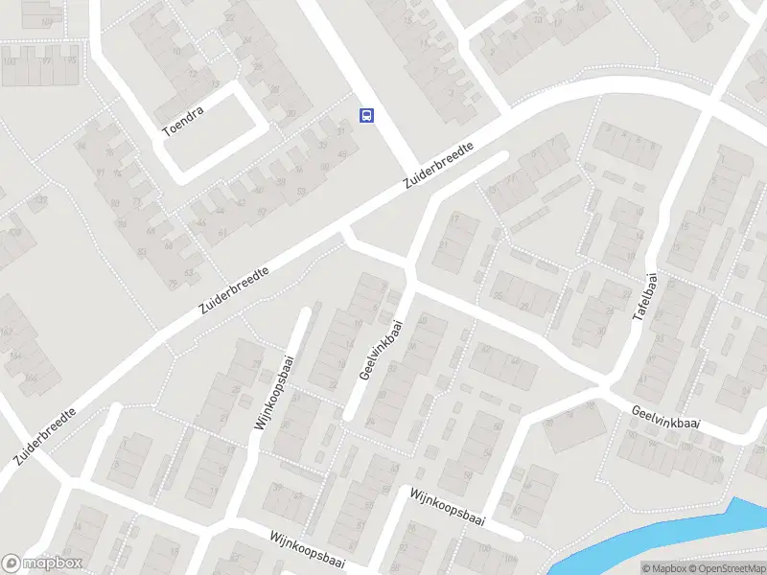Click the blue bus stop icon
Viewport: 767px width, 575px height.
coord(366,115)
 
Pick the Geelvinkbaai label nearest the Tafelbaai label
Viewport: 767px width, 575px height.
coord(666,418)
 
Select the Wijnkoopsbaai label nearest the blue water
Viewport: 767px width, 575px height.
coord(447,507)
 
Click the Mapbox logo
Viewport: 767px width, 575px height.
coord(42,563)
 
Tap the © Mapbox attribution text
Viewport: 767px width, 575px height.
coord(662,568)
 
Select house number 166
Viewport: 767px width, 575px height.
coord(32,378)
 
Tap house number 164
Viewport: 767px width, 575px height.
coord(17,356)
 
